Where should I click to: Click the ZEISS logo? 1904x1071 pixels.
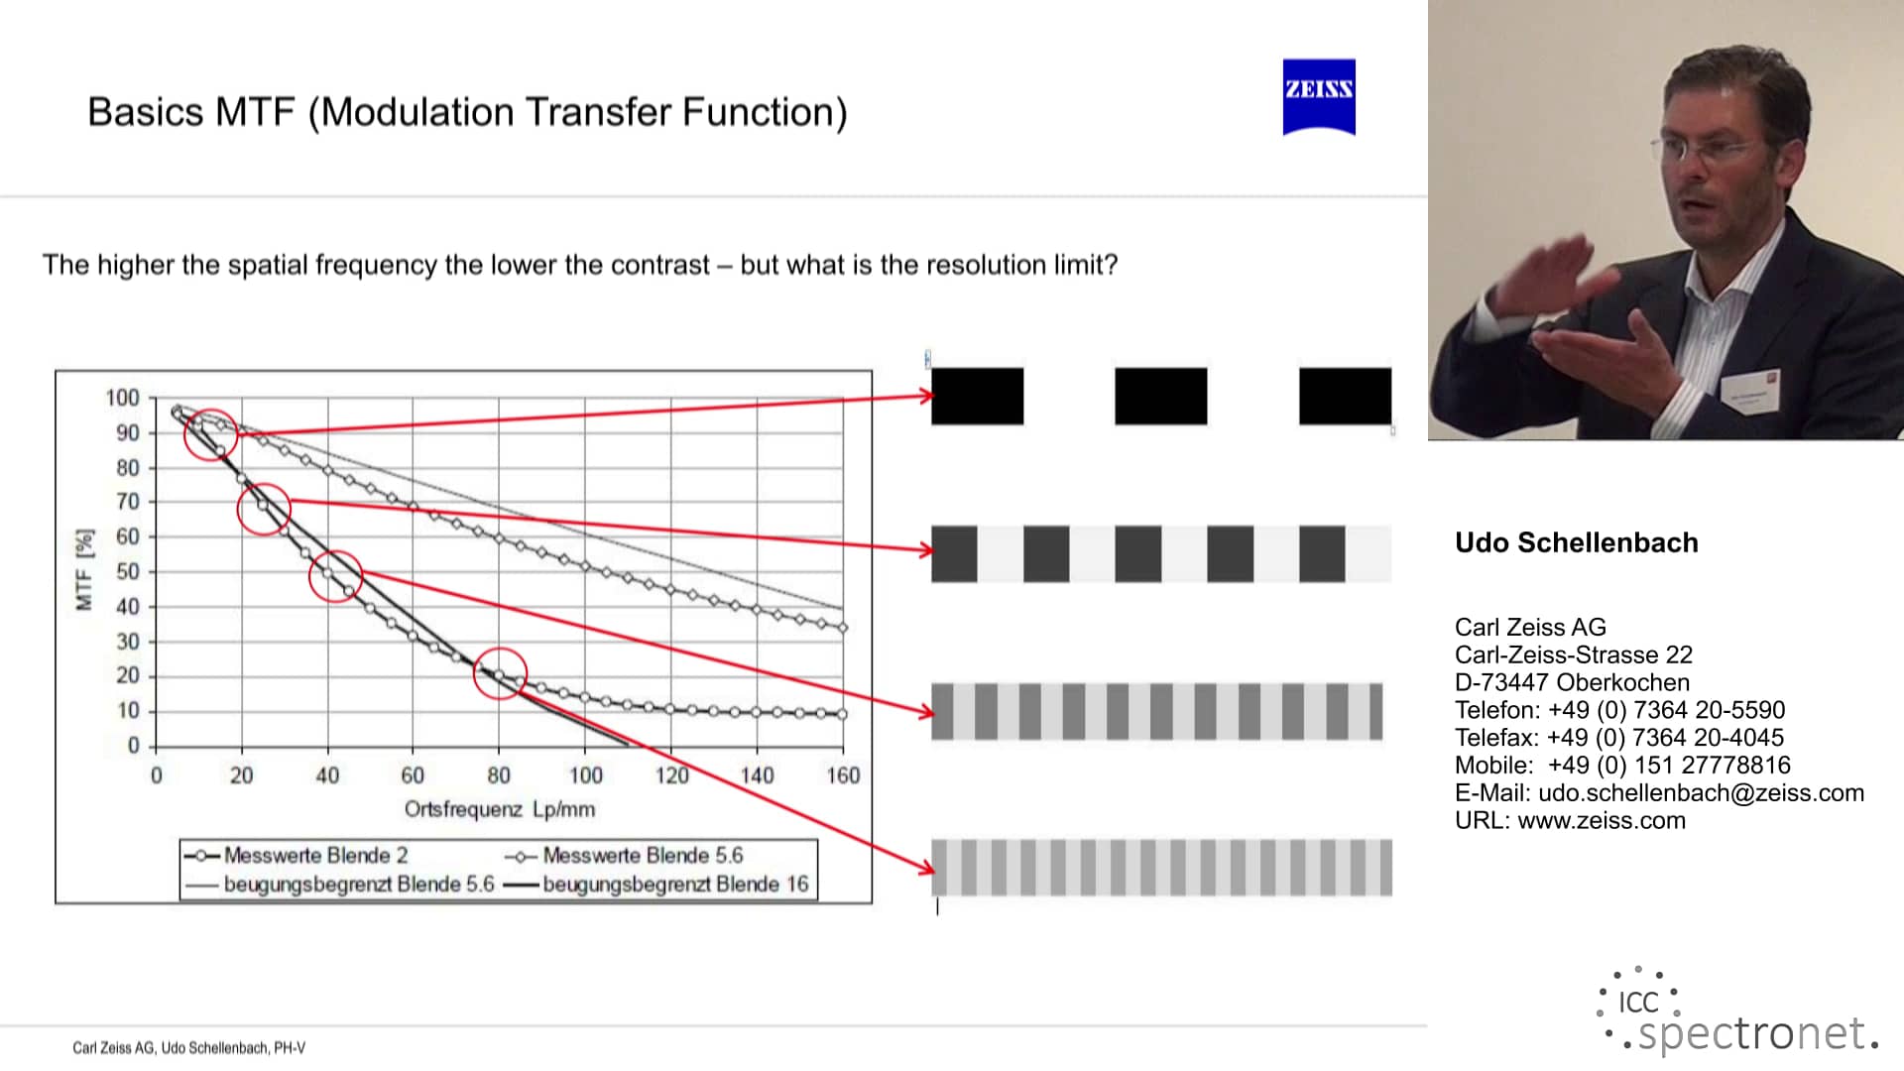1319,96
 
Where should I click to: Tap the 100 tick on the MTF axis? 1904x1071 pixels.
123,398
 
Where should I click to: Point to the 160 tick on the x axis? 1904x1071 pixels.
843,775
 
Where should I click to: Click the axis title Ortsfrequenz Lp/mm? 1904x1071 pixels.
500,809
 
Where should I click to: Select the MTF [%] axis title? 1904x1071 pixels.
84,569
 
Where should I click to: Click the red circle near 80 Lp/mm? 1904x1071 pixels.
500,674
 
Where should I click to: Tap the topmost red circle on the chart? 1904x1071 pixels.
211,434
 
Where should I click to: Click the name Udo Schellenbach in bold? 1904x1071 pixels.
1576,542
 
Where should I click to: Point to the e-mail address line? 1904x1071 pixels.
1659,793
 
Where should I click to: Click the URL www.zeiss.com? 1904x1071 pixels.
1601,821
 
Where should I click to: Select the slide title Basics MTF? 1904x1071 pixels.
467,112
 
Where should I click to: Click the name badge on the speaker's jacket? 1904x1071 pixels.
1750,390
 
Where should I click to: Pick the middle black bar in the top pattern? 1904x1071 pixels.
1160,397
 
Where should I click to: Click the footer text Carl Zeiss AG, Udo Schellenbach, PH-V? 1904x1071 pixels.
188,1048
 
